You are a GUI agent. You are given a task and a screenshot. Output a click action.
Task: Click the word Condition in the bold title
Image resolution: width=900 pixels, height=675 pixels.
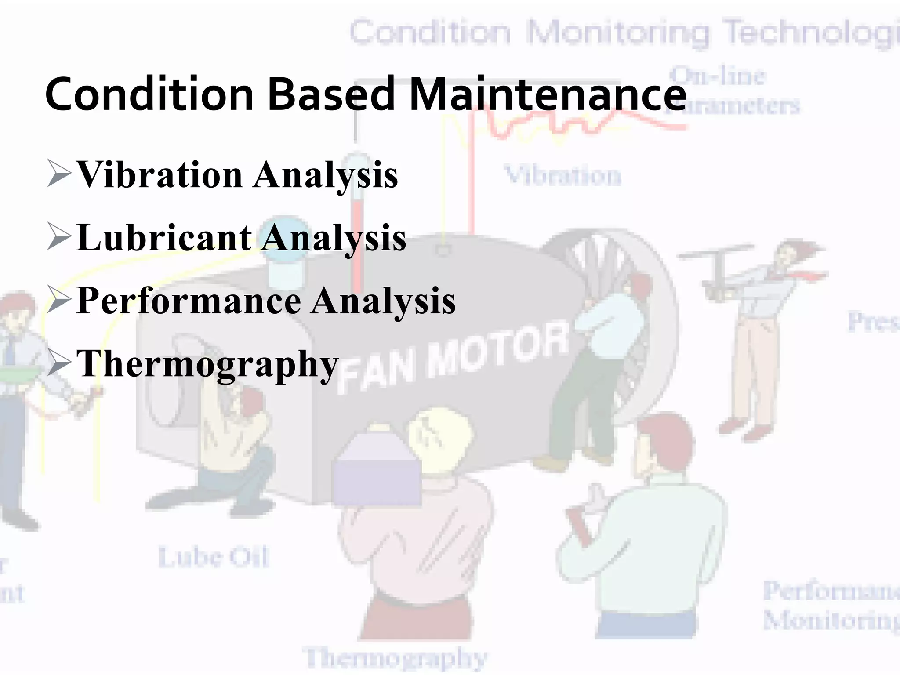pyautogui.click(x=149, y=94)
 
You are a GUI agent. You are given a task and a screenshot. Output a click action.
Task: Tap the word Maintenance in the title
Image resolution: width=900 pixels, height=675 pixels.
pyautogui.click(x=547, y=94)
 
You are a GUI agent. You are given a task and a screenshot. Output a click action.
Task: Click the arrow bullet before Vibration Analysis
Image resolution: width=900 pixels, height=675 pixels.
pyautogui.click(x=59, y=174)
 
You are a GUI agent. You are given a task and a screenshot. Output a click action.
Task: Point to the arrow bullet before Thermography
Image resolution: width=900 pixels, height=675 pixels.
pyautogui.click(x=59, y=363)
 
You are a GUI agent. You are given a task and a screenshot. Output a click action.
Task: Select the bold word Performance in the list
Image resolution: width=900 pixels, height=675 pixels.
pyautogui.click(x=189, y=301)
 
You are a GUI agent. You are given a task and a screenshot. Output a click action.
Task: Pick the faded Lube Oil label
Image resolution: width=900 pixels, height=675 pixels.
pyautogui.click(x=213, y=558)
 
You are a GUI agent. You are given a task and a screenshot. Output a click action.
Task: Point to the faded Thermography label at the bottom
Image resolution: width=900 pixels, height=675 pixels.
pyautogui.click(x=395, y=658)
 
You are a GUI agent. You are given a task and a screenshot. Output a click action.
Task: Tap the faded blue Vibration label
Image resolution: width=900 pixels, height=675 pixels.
pyautogui.click(x=562, y=176)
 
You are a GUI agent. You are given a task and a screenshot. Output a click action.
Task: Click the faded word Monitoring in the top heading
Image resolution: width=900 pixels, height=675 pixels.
pyautogui.click(x=617, y=33)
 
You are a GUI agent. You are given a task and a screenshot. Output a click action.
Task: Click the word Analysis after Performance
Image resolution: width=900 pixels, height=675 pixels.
pyautogui.click(x=383, y=301)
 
